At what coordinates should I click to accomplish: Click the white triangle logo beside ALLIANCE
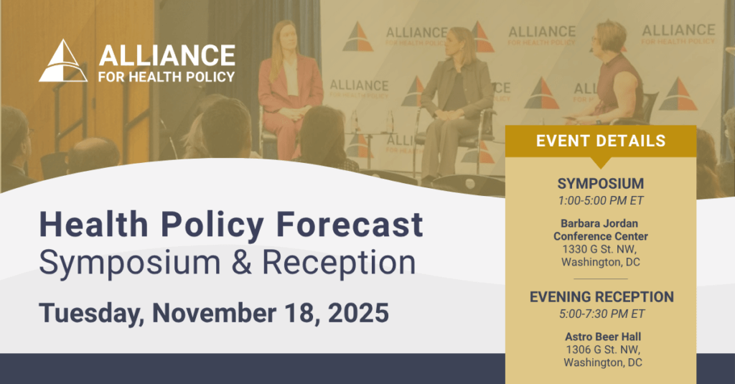(63, 62)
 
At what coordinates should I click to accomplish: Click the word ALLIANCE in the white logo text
(167, 56)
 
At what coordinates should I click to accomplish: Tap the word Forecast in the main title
(350, 224)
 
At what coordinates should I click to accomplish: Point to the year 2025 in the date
(358, 313)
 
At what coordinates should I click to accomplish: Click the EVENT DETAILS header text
(601, 141)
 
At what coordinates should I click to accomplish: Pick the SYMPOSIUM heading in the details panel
(601, 183)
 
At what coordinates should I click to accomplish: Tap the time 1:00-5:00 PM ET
(601, 201)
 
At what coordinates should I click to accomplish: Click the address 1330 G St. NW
(599, 249)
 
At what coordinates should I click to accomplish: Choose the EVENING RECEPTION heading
(601, 296)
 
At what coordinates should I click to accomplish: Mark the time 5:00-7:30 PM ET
(602, 314)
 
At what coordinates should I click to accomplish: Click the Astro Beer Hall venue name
(603, 337)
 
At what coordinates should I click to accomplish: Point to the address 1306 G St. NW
(603, 350)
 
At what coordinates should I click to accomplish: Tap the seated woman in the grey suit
(454, 103)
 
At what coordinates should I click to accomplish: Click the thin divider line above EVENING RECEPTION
(601, 279)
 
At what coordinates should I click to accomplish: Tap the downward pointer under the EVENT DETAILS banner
(601, 162)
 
